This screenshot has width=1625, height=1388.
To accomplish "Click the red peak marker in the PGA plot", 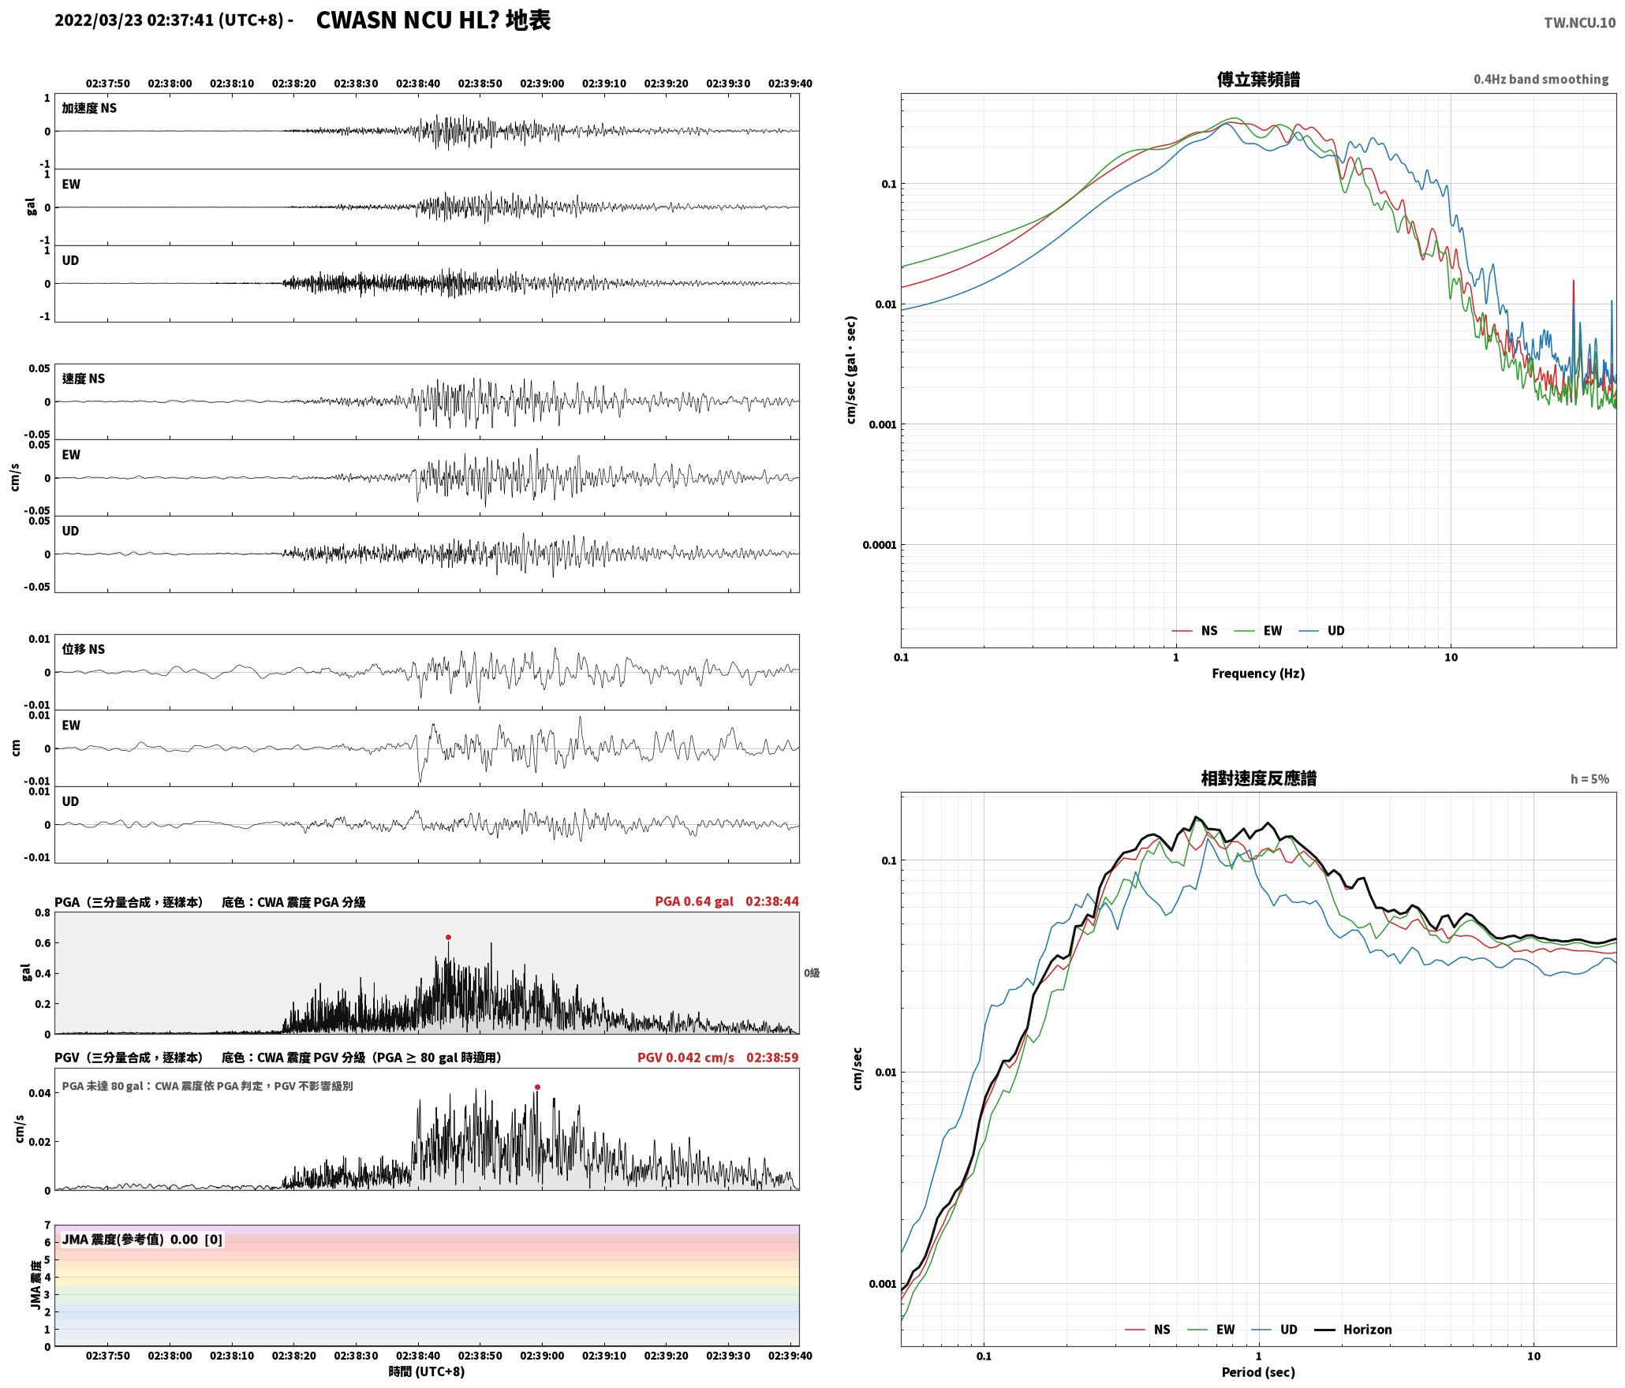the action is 448,938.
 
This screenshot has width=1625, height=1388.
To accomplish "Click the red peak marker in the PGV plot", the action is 537,1088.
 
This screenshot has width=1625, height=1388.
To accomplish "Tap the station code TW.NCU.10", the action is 1579,23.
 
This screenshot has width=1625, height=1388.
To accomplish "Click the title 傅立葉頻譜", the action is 1258,80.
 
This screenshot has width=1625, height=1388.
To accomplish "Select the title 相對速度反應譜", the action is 1258,778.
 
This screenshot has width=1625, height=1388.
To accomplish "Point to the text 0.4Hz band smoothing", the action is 1541,80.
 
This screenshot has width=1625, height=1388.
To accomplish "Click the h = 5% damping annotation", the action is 1590,779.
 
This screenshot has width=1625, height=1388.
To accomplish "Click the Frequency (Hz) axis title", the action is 1258,673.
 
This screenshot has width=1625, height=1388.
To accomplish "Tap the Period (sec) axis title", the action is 1258,1372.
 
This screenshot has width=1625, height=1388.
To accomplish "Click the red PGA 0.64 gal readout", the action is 693,901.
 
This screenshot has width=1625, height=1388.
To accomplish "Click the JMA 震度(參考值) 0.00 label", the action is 130,1240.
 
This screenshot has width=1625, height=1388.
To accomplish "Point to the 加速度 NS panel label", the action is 89,108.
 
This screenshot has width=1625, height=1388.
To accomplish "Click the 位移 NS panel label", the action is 83,649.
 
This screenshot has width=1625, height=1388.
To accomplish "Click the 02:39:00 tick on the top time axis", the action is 542,84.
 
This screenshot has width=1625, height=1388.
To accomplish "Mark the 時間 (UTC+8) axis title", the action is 427,1372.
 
